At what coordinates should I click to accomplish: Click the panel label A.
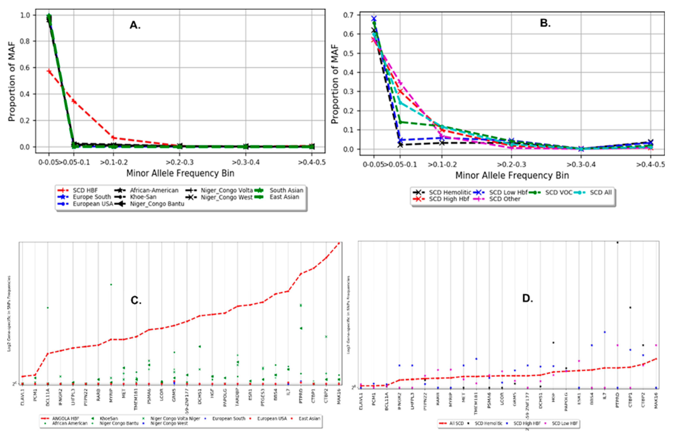click(x=135, y=25)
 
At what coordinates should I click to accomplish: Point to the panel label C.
click(x=136, y=300)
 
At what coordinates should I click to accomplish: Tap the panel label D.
click(x=527, y=298)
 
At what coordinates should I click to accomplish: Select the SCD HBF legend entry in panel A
click(x=85, y=190)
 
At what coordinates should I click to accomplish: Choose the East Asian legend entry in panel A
click(x=284, y=197)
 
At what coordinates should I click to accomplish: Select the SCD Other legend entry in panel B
click(x=504, y=199)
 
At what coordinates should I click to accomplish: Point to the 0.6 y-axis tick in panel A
click(x=25, y=68)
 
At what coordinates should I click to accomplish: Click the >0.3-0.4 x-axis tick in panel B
click(x=581, y=164)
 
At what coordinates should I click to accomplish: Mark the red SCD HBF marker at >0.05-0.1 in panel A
click(x=74, y=101)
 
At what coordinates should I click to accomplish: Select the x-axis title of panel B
click(x=512, y=175)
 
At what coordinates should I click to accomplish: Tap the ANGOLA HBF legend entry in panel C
click(x=65, y=418)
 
